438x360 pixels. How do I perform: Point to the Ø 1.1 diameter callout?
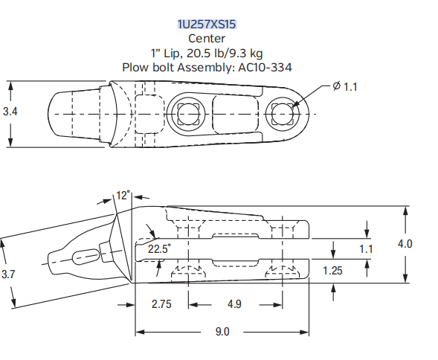[345, 87]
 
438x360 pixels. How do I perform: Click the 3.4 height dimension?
[10, 112]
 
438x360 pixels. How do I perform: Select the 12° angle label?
[123, 195]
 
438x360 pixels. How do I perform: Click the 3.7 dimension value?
[8, 274]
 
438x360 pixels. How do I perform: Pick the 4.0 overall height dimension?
[405, 243]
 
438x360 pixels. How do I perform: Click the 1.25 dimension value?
[334, 270]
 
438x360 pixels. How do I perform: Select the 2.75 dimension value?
[162, 304]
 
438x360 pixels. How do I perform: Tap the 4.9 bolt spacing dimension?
[234, 304]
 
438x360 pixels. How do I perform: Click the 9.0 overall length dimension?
[222, 332]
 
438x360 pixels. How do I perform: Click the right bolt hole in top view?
[283, 113]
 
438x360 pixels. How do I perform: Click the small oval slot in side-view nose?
[86, 255]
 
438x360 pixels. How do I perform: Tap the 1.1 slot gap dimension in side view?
[365, 249]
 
